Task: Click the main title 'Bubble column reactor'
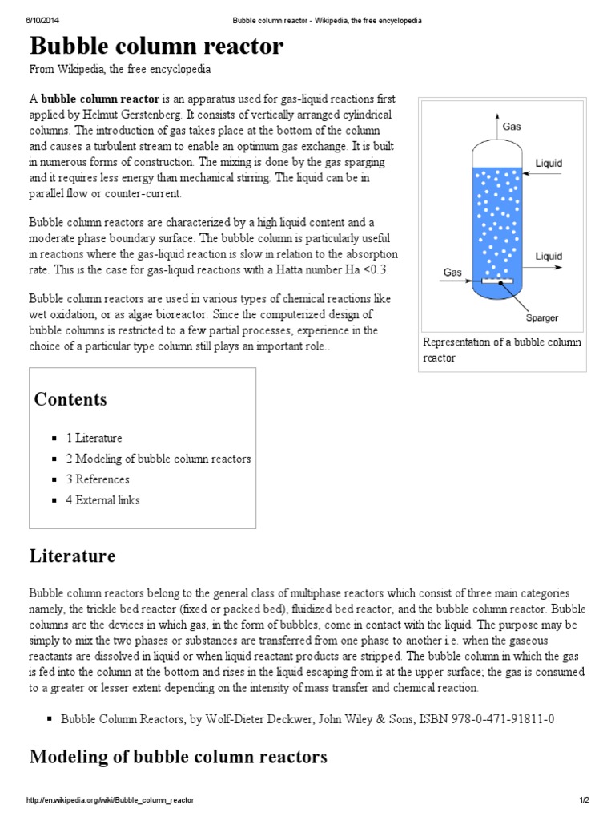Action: click(157, 47)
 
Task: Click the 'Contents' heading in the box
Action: click(70, 399)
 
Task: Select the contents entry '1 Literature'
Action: click(94, 438)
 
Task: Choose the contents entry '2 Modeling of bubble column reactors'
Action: click(158, 459)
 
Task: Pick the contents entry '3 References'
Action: click(98, 479)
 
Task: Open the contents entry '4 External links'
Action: click(102, 500)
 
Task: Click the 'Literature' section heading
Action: click(72, 556)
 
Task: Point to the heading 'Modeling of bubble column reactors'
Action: click(178, 757)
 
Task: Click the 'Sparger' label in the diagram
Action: click(542, 317)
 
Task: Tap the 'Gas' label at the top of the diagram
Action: click(511, 127)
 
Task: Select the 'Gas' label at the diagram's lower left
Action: click(453, 273)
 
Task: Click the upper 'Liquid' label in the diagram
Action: click(549, 164)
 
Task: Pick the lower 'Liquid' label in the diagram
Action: click(549, 257)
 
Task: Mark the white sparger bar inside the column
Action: click(497, 282)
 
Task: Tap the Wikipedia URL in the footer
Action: click(110, 801)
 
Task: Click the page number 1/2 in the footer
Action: click(584, 801)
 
